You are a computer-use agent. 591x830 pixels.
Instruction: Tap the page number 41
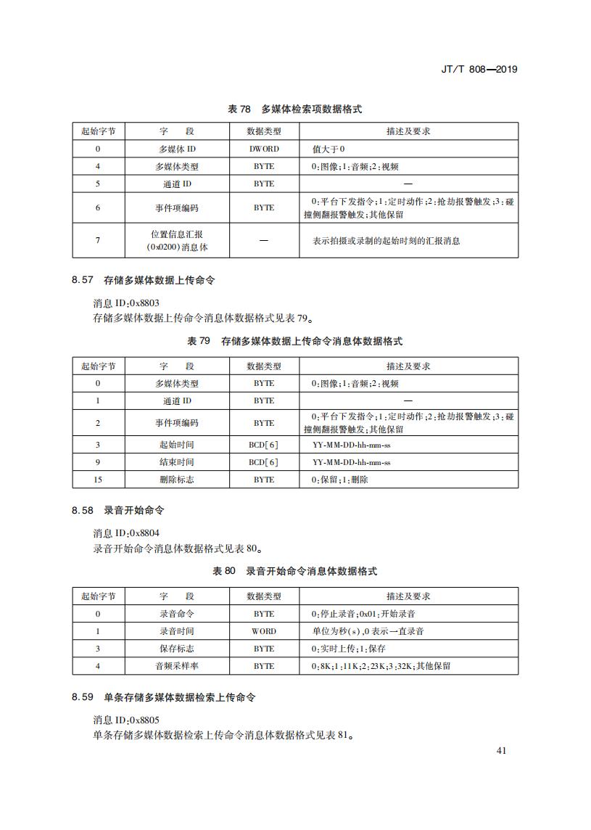501,751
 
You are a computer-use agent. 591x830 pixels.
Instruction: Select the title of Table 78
294,110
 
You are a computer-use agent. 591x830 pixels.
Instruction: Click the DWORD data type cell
264,149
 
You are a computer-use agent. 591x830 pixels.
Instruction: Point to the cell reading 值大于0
328,149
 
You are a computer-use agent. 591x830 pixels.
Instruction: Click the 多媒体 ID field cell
177,149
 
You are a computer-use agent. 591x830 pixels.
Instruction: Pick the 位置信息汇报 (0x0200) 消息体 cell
177,241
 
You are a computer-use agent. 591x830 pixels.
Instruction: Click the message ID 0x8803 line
126,303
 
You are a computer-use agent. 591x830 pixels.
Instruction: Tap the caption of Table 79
294,341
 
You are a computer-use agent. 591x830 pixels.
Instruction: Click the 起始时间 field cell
177,444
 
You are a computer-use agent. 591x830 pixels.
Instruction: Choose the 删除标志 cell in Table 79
177,480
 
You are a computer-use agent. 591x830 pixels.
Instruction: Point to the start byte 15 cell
98,480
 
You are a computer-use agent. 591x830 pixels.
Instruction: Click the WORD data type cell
264,631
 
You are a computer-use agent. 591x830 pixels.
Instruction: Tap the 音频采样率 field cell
177,666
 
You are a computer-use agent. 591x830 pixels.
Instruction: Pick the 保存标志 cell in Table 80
177,649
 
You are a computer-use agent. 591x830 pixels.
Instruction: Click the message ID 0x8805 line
126,720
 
